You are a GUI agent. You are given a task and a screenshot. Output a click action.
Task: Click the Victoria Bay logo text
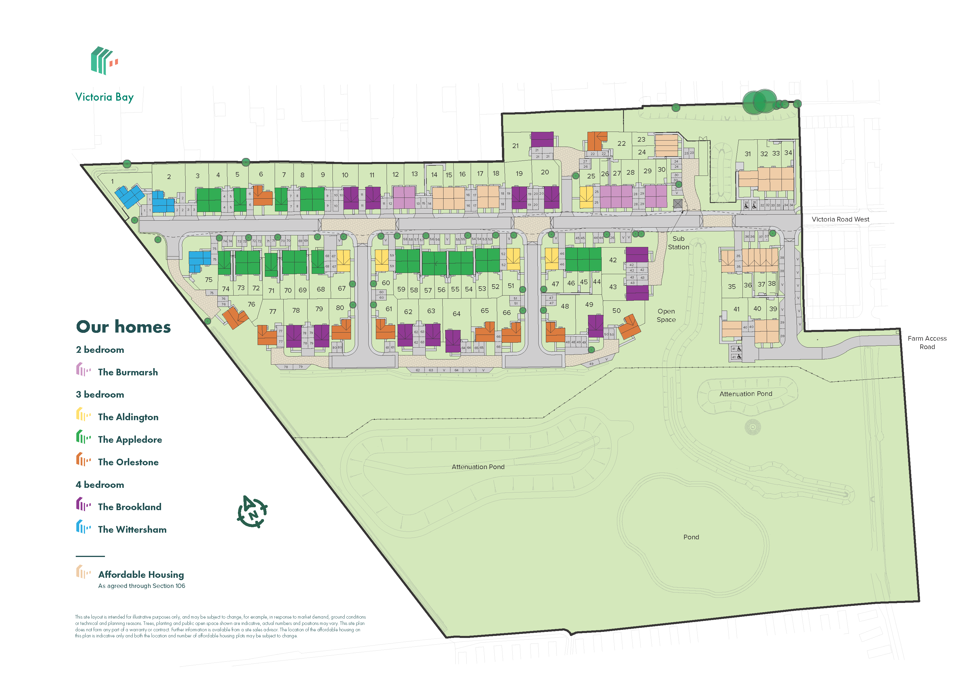click(104, 97)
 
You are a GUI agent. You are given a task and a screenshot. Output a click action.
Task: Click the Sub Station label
click(678, 243)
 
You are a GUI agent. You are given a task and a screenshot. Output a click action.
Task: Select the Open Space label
click(666, 315)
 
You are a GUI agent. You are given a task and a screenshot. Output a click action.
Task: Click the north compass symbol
click(252, 512)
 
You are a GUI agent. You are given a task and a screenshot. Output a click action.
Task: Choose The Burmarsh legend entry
click(128, 372)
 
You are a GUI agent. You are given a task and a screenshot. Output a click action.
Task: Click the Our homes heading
click(123, 327)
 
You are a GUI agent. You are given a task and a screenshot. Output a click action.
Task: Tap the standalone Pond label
click(691, 537)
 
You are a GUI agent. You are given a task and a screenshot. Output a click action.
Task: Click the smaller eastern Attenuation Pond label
click(745, 394)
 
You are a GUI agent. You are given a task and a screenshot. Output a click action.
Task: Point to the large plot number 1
click(112, 181)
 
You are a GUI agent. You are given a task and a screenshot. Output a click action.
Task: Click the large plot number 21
click(515, 146)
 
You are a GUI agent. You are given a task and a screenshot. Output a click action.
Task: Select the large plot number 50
click(616, 311)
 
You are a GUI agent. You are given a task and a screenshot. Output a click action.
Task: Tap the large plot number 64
click(456, 313)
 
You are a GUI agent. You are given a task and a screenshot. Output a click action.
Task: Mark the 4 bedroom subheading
click(100, 485)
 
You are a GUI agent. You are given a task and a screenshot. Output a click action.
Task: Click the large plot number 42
click(613, 260)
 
